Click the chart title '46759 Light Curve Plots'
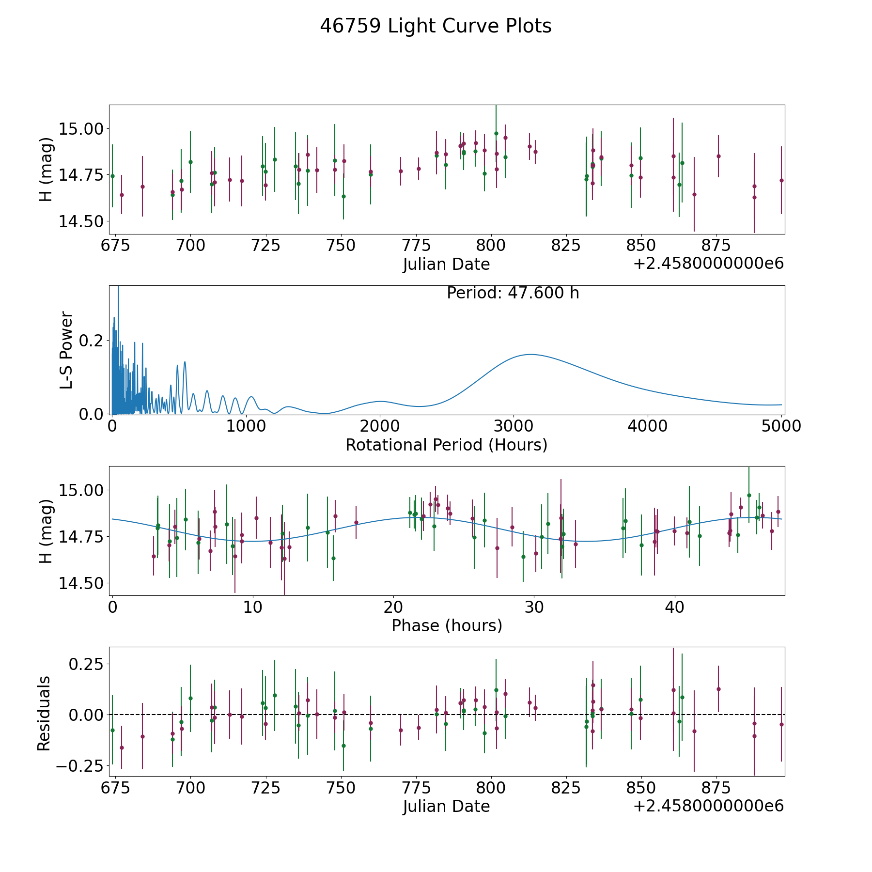(436, 26)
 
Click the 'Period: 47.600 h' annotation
(513, 293)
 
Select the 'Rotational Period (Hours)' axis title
(446, 445)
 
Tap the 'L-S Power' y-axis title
(66, 350)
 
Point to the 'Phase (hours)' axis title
(447, 625)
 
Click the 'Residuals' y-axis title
(44, 713)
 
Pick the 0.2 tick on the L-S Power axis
(91, 341)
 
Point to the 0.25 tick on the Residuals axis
(86, 664)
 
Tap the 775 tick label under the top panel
(416, 245)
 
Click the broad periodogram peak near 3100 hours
(530, 355)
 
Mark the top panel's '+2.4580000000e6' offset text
(708, 264)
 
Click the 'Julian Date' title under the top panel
(446, 265)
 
